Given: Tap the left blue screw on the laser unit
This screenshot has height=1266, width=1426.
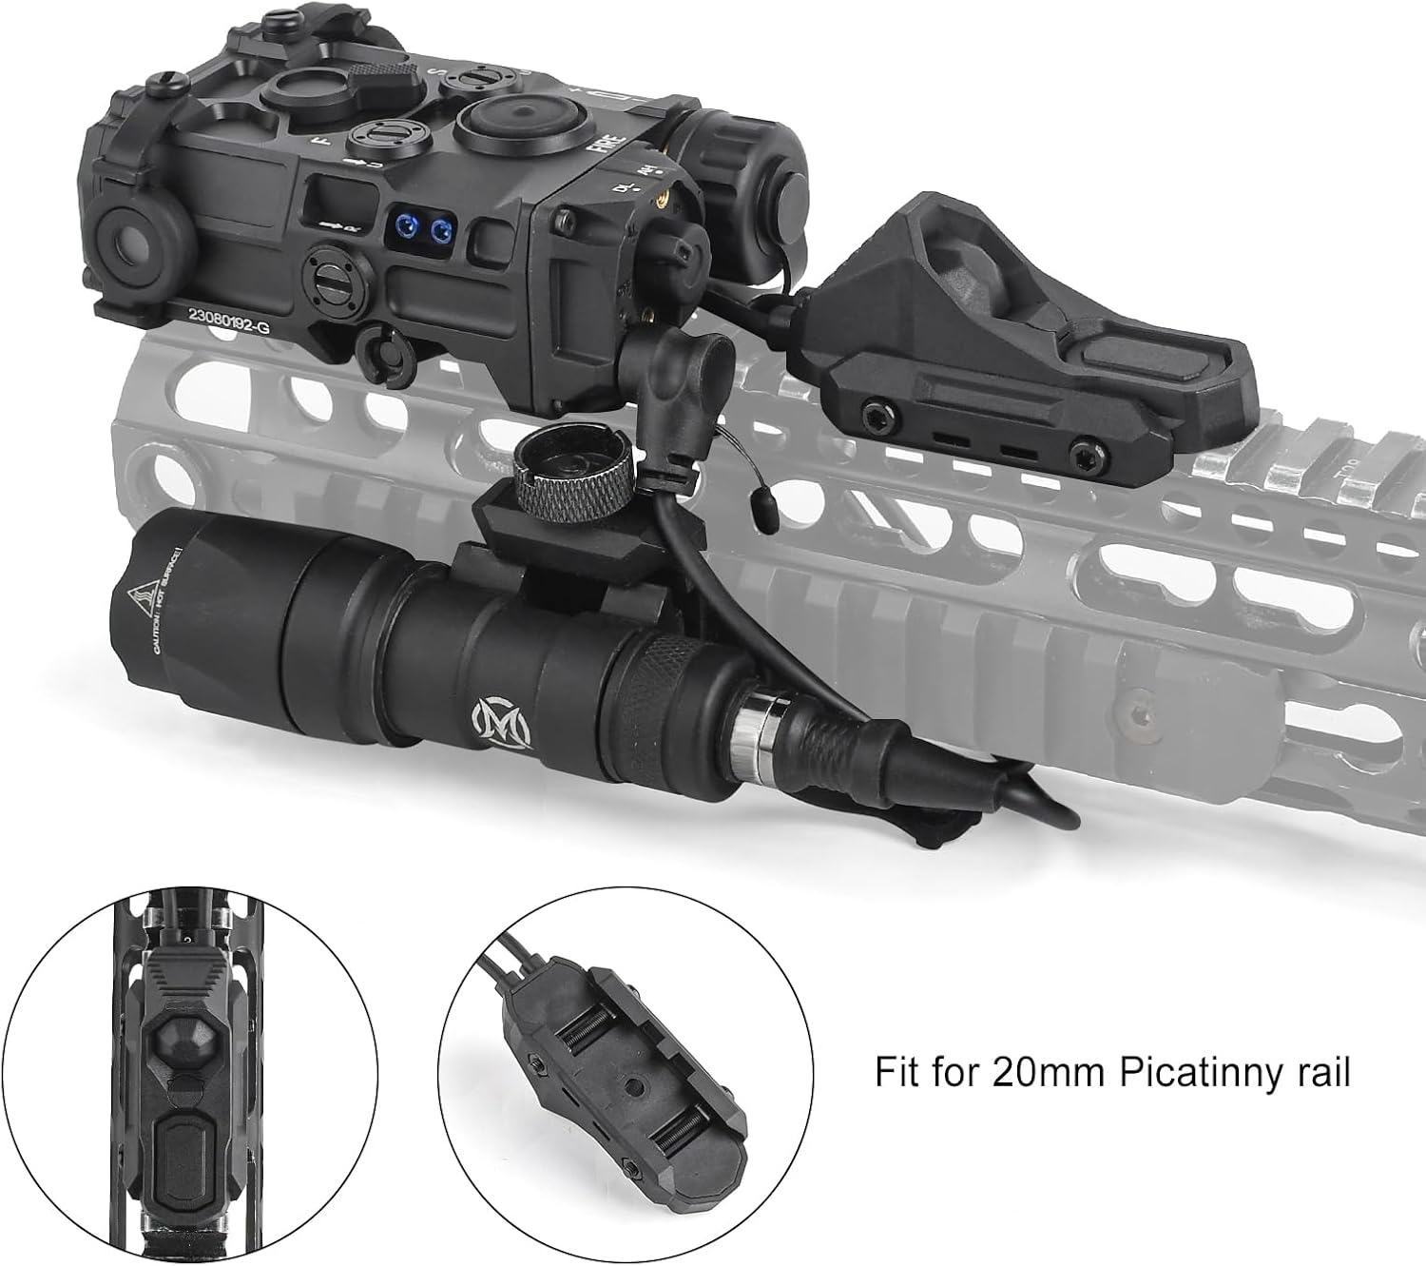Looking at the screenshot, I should [x=408, y=227].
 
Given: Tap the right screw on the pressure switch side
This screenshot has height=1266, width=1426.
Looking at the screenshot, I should [x=1081, y=449].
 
